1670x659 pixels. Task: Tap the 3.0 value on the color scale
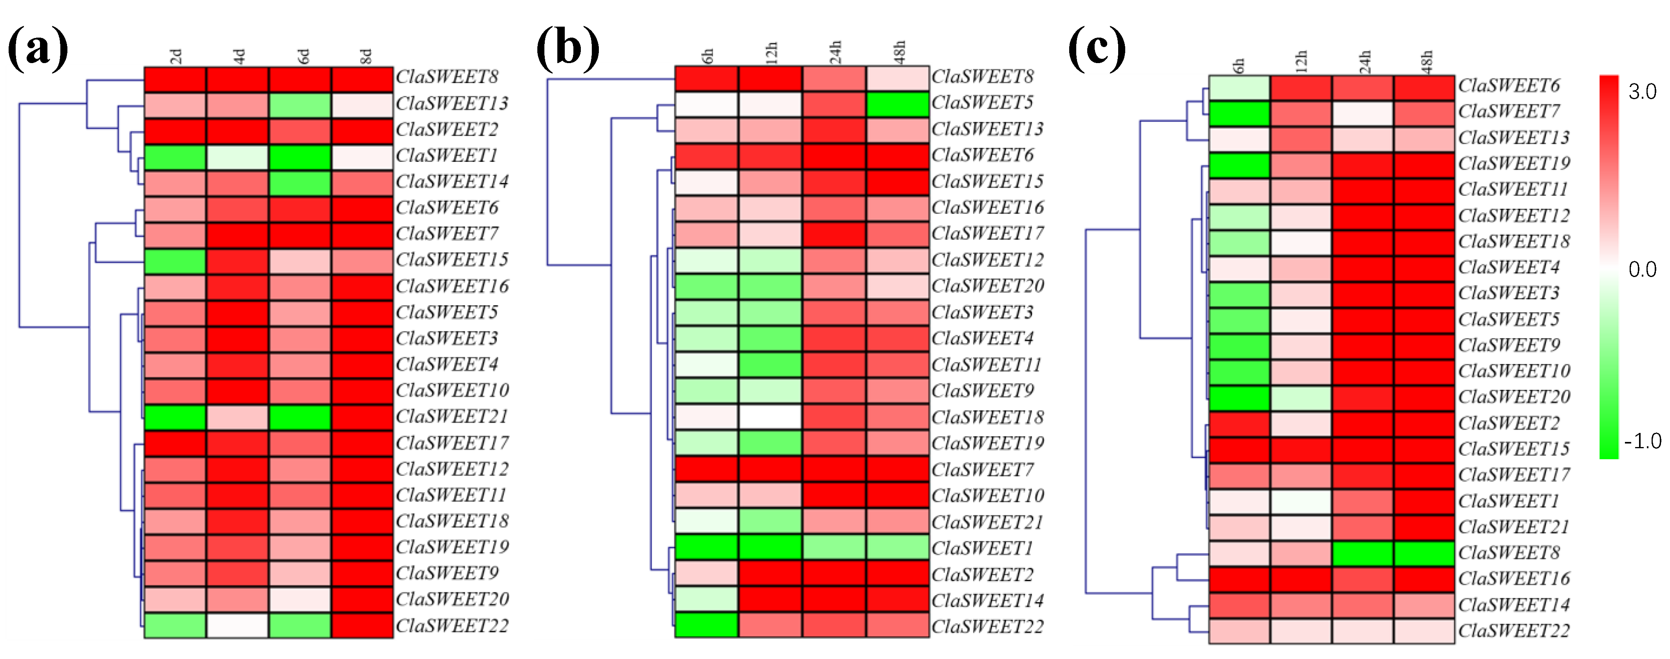(x=1642, y=92)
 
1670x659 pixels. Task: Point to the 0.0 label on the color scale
(x=1642, y=269)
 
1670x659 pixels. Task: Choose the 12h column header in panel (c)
(x=1301, y=60)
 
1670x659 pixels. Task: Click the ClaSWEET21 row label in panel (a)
(x=452, y=416)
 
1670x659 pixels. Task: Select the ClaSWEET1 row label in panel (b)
(x=981, y=548)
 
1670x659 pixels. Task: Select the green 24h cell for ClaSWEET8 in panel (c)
(x=1363, y=553)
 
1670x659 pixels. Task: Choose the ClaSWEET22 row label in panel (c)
(x=1514, y=630)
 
